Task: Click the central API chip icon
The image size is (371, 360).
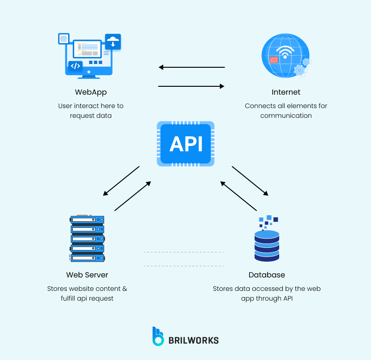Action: tap(185, 144)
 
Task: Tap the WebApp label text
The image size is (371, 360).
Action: tap(91, 92)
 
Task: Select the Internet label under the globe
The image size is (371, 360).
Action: tap(286, 92)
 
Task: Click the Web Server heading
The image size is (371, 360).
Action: tap(87, 275)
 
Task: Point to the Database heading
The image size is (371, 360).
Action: tap(267, 275)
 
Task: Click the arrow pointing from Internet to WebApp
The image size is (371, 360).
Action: tap(191, 67)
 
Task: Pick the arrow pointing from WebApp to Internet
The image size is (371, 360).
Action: tap(191, 86)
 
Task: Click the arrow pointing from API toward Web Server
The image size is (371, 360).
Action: tap(121, 181)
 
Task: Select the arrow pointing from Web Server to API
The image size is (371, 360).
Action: tap(133, 196)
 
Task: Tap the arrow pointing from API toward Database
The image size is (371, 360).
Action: tap(250, 181)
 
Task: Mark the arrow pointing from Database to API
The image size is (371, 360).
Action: tap(238, 196)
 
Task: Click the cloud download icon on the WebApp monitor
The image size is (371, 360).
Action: tap(113, 42)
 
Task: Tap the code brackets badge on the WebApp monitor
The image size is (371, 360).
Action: tap(75, 66)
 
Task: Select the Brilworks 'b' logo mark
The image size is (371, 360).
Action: tap(158, 336)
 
